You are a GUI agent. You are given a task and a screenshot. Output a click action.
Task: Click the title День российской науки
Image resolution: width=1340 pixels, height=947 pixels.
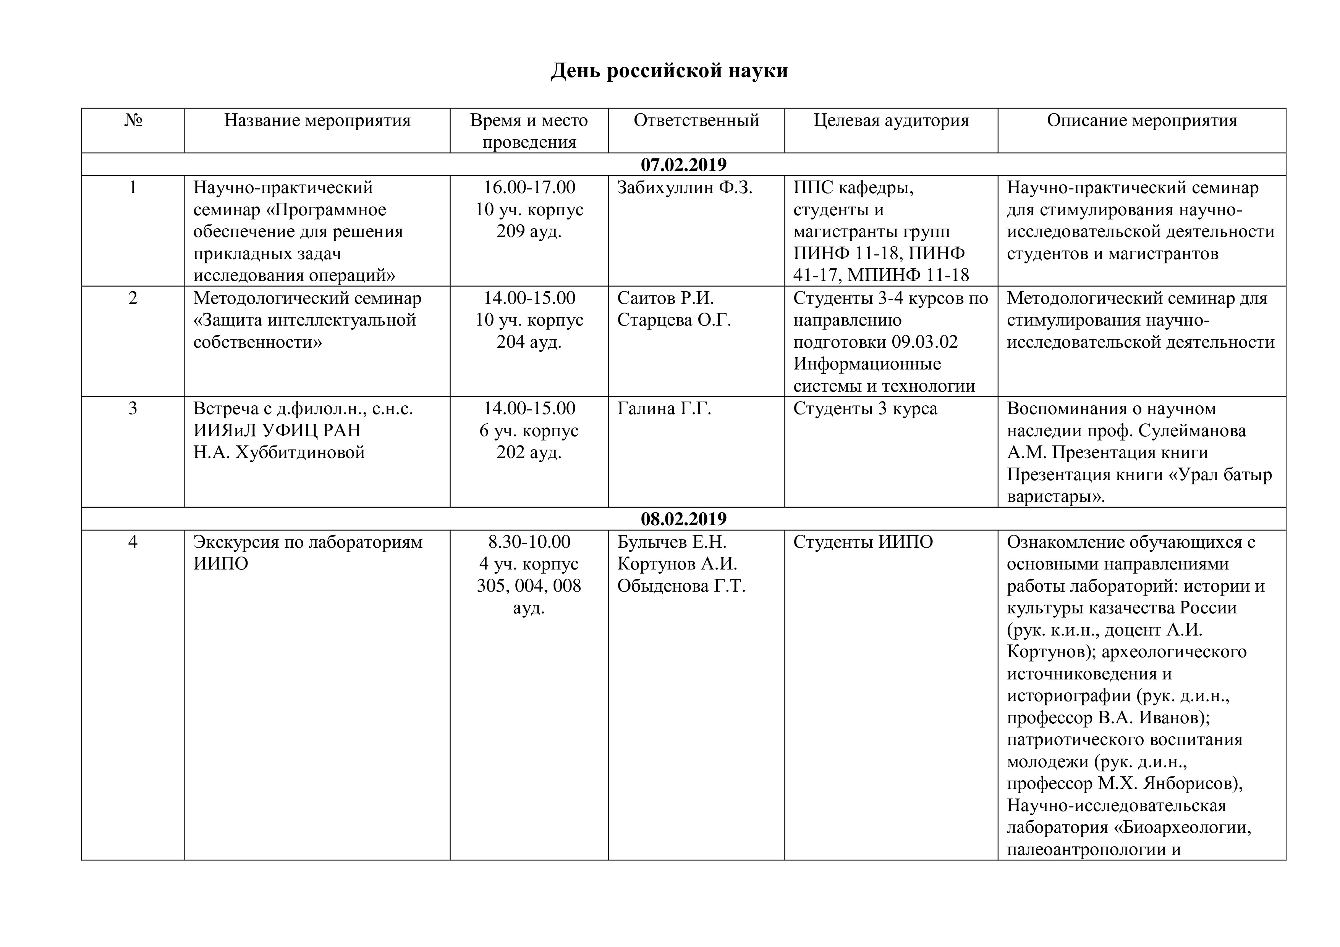tap(669, 71)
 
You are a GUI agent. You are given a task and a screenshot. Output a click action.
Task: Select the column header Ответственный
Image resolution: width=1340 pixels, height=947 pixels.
tap(696, 121)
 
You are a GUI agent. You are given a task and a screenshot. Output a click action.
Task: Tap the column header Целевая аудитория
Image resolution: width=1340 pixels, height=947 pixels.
tap(891, 121)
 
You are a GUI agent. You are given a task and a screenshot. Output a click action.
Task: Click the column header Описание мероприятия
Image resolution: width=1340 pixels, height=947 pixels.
tap(1142, 121)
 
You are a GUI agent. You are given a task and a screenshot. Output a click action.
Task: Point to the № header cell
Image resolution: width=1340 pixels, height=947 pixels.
tap(133, 121)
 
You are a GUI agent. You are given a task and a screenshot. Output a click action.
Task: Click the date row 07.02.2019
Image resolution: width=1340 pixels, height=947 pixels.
tap(683, 165)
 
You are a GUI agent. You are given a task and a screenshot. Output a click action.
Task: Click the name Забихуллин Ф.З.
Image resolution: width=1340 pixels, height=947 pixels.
tap(685, 188)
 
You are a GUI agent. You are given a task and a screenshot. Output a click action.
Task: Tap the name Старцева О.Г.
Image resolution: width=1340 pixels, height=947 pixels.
tap(674, 320)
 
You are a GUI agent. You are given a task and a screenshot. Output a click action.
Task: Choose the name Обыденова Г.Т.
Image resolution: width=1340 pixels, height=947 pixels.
tap(681, 586)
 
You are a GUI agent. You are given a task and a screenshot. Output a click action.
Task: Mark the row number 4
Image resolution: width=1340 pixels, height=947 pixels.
tap(133, 542)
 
